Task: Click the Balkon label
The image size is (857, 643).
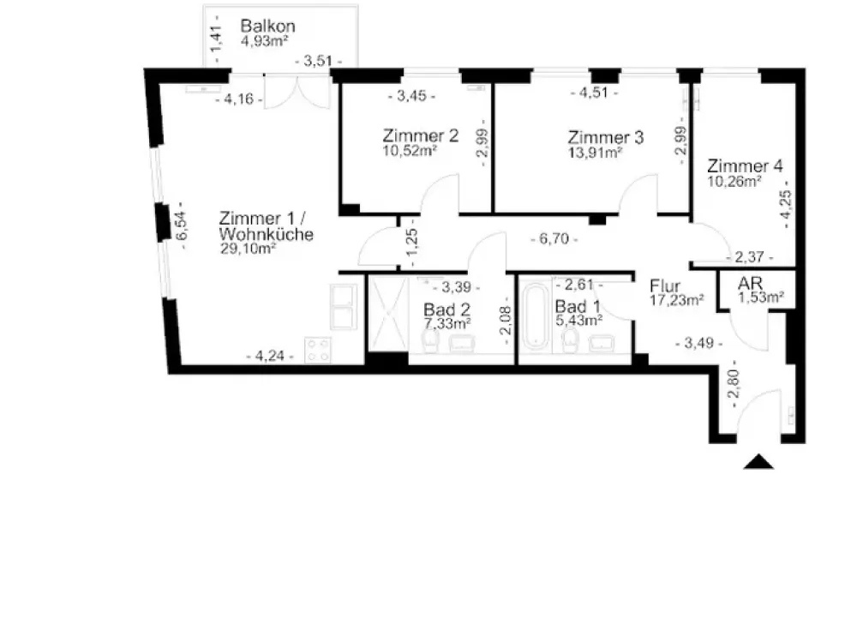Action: click(267, 26)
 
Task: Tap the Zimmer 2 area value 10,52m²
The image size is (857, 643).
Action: click(410, 151)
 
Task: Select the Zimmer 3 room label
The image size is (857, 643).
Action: click(606, 136)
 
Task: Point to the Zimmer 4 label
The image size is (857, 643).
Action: click(745, 165)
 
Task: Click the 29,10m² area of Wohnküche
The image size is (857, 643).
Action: click(248, 249)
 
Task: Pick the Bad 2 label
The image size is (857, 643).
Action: click(446, 309)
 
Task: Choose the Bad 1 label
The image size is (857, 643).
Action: click(578, 306)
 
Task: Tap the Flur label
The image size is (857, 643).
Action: click(665, 286)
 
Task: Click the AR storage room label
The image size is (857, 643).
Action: click(750, 284)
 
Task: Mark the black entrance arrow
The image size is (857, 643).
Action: click(758, 462)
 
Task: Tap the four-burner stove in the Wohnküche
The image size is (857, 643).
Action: click(318, 350)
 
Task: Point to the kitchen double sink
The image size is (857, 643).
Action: click(344, 307)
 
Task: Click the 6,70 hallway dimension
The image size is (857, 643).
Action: click(554, 239)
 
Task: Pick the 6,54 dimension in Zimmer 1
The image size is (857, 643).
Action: click(182, 225)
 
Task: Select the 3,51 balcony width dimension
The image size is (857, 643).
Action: click(318, 61)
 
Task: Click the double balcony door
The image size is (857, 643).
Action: click(297, 92)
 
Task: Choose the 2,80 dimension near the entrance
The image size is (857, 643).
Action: click(734, 384)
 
